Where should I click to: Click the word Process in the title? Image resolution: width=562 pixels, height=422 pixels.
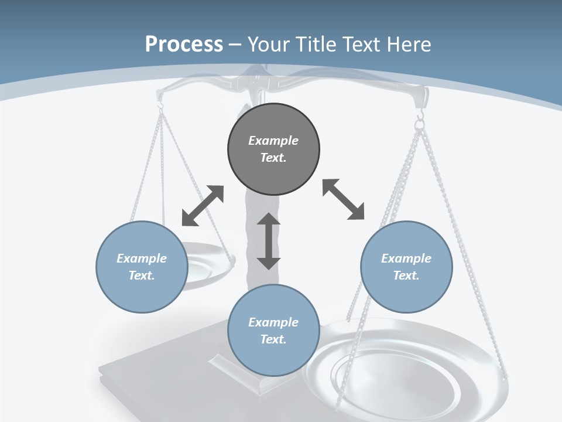184,44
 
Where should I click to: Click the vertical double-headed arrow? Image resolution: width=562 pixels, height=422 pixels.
269,241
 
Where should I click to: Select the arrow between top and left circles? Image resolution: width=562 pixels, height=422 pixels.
203,206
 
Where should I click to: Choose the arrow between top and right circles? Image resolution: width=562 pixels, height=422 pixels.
343,200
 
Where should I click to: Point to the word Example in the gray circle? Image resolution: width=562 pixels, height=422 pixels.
273,141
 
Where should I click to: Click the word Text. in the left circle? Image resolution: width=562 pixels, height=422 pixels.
142,275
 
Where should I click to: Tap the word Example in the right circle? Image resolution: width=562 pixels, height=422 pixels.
406,258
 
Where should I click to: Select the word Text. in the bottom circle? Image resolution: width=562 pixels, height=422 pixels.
273,339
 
